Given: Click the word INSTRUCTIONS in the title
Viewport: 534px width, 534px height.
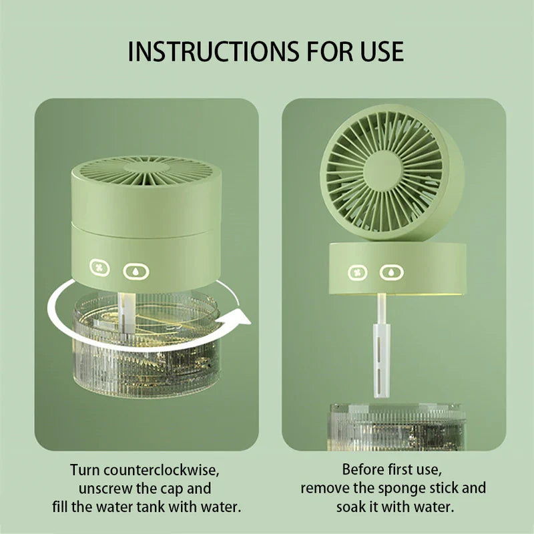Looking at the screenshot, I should (x=210, y=51).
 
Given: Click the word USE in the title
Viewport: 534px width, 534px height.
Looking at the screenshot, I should (x=380, y=51).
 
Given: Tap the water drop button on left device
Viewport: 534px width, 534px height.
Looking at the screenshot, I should (x=136, y=271).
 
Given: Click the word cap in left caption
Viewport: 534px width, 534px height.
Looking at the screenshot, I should (x=172, y=488).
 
